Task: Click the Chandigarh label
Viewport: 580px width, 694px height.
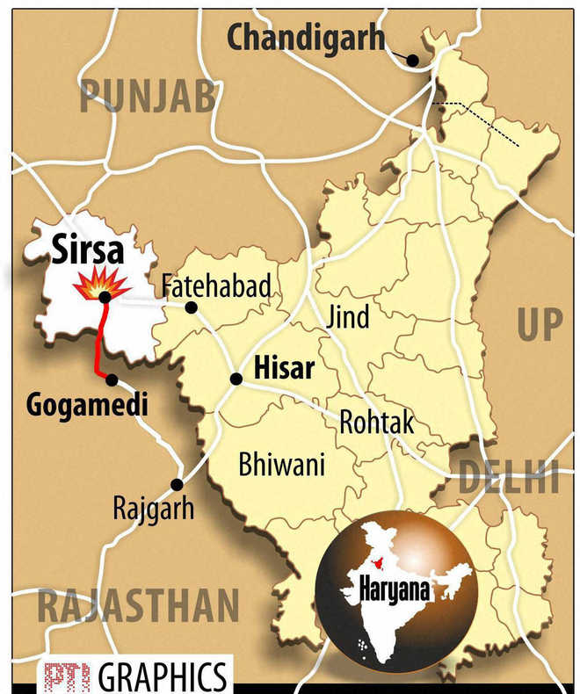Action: [x=306, y=38]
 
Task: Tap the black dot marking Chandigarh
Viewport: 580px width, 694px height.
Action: [x=412, y=61]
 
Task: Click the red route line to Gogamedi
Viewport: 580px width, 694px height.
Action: [x=98, y=343]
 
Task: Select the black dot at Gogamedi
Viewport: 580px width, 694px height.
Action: [x=112, y=380]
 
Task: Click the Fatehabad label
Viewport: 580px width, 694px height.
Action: [x=215, y=286]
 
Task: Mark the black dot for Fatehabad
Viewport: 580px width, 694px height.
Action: [x=191, y=307]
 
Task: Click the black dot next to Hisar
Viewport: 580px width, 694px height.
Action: [x=236, y=379]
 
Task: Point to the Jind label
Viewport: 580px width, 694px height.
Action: [x=348, y=316]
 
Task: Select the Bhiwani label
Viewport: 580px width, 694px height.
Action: [x=281, y=464]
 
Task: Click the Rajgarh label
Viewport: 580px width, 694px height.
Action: [x=153, y=507]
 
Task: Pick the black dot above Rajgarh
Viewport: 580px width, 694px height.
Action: [x=177, y=484]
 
